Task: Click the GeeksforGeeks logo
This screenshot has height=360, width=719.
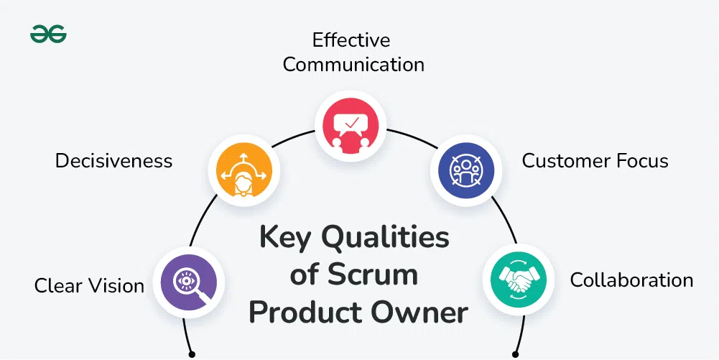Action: point(48,34)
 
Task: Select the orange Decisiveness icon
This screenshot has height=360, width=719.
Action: point(243,170)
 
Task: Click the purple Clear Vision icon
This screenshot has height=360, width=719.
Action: point(190,282)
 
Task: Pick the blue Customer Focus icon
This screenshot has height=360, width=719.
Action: point(465,170)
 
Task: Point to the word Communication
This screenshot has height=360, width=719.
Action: point(353,64)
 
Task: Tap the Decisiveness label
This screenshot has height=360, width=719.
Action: point(113,160)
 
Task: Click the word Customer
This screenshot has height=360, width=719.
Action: point(562,160)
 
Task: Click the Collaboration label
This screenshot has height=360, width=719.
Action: point(631,280)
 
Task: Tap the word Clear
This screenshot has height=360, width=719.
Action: point(59,286)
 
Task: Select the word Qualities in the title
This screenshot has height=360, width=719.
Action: point(386,238)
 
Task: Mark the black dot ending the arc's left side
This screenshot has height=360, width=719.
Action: point(192,354)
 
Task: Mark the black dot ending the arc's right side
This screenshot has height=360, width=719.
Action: point(515,354)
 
